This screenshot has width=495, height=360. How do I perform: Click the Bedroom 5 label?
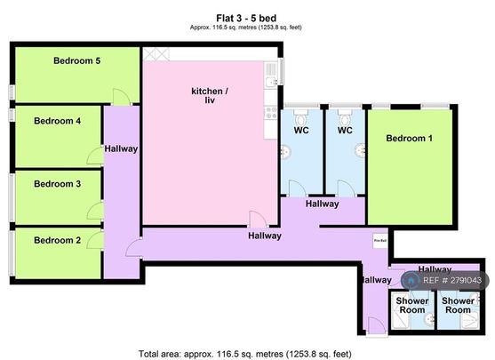(x=76, y=61)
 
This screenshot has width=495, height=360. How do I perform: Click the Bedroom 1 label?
(x=410, y=138)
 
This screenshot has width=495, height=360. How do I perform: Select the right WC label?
(x=346, y=132)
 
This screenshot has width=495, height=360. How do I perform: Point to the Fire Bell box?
(x=379, y=240)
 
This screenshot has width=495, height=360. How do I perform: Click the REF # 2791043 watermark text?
(x=452, y=281)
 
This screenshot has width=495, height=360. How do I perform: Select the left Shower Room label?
(x=411, y=305)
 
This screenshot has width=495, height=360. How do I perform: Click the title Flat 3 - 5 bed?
(x=247, y=16)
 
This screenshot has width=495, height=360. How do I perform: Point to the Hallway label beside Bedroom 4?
(x=120, y=148)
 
